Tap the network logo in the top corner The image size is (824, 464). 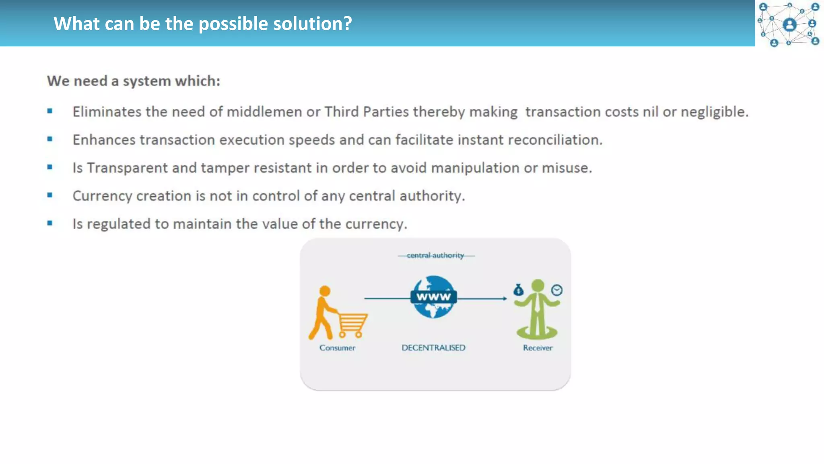(789, 24)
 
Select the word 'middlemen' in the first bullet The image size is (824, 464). (264, 112)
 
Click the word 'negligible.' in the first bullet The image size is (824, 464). (714, 112)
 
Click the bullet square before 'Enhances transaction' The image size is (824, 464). (50, 139)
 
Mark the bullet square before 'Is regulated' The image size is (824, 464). (50, 223)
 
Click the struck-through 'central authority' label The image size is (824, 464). (435, 255)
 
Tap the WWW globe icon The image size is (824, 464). (433, 297)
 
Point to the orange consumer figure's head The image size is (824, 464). (325, 291)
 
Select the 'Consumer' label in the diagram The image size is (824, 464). (337, 348)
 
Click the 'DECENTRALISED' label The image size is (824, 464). (433, 348)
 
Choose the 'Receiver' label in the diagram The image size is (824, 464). (538, 348)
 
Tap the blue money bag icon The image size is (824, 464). (518, 290)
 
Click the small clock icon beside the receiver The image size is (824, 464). (557, 290)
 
